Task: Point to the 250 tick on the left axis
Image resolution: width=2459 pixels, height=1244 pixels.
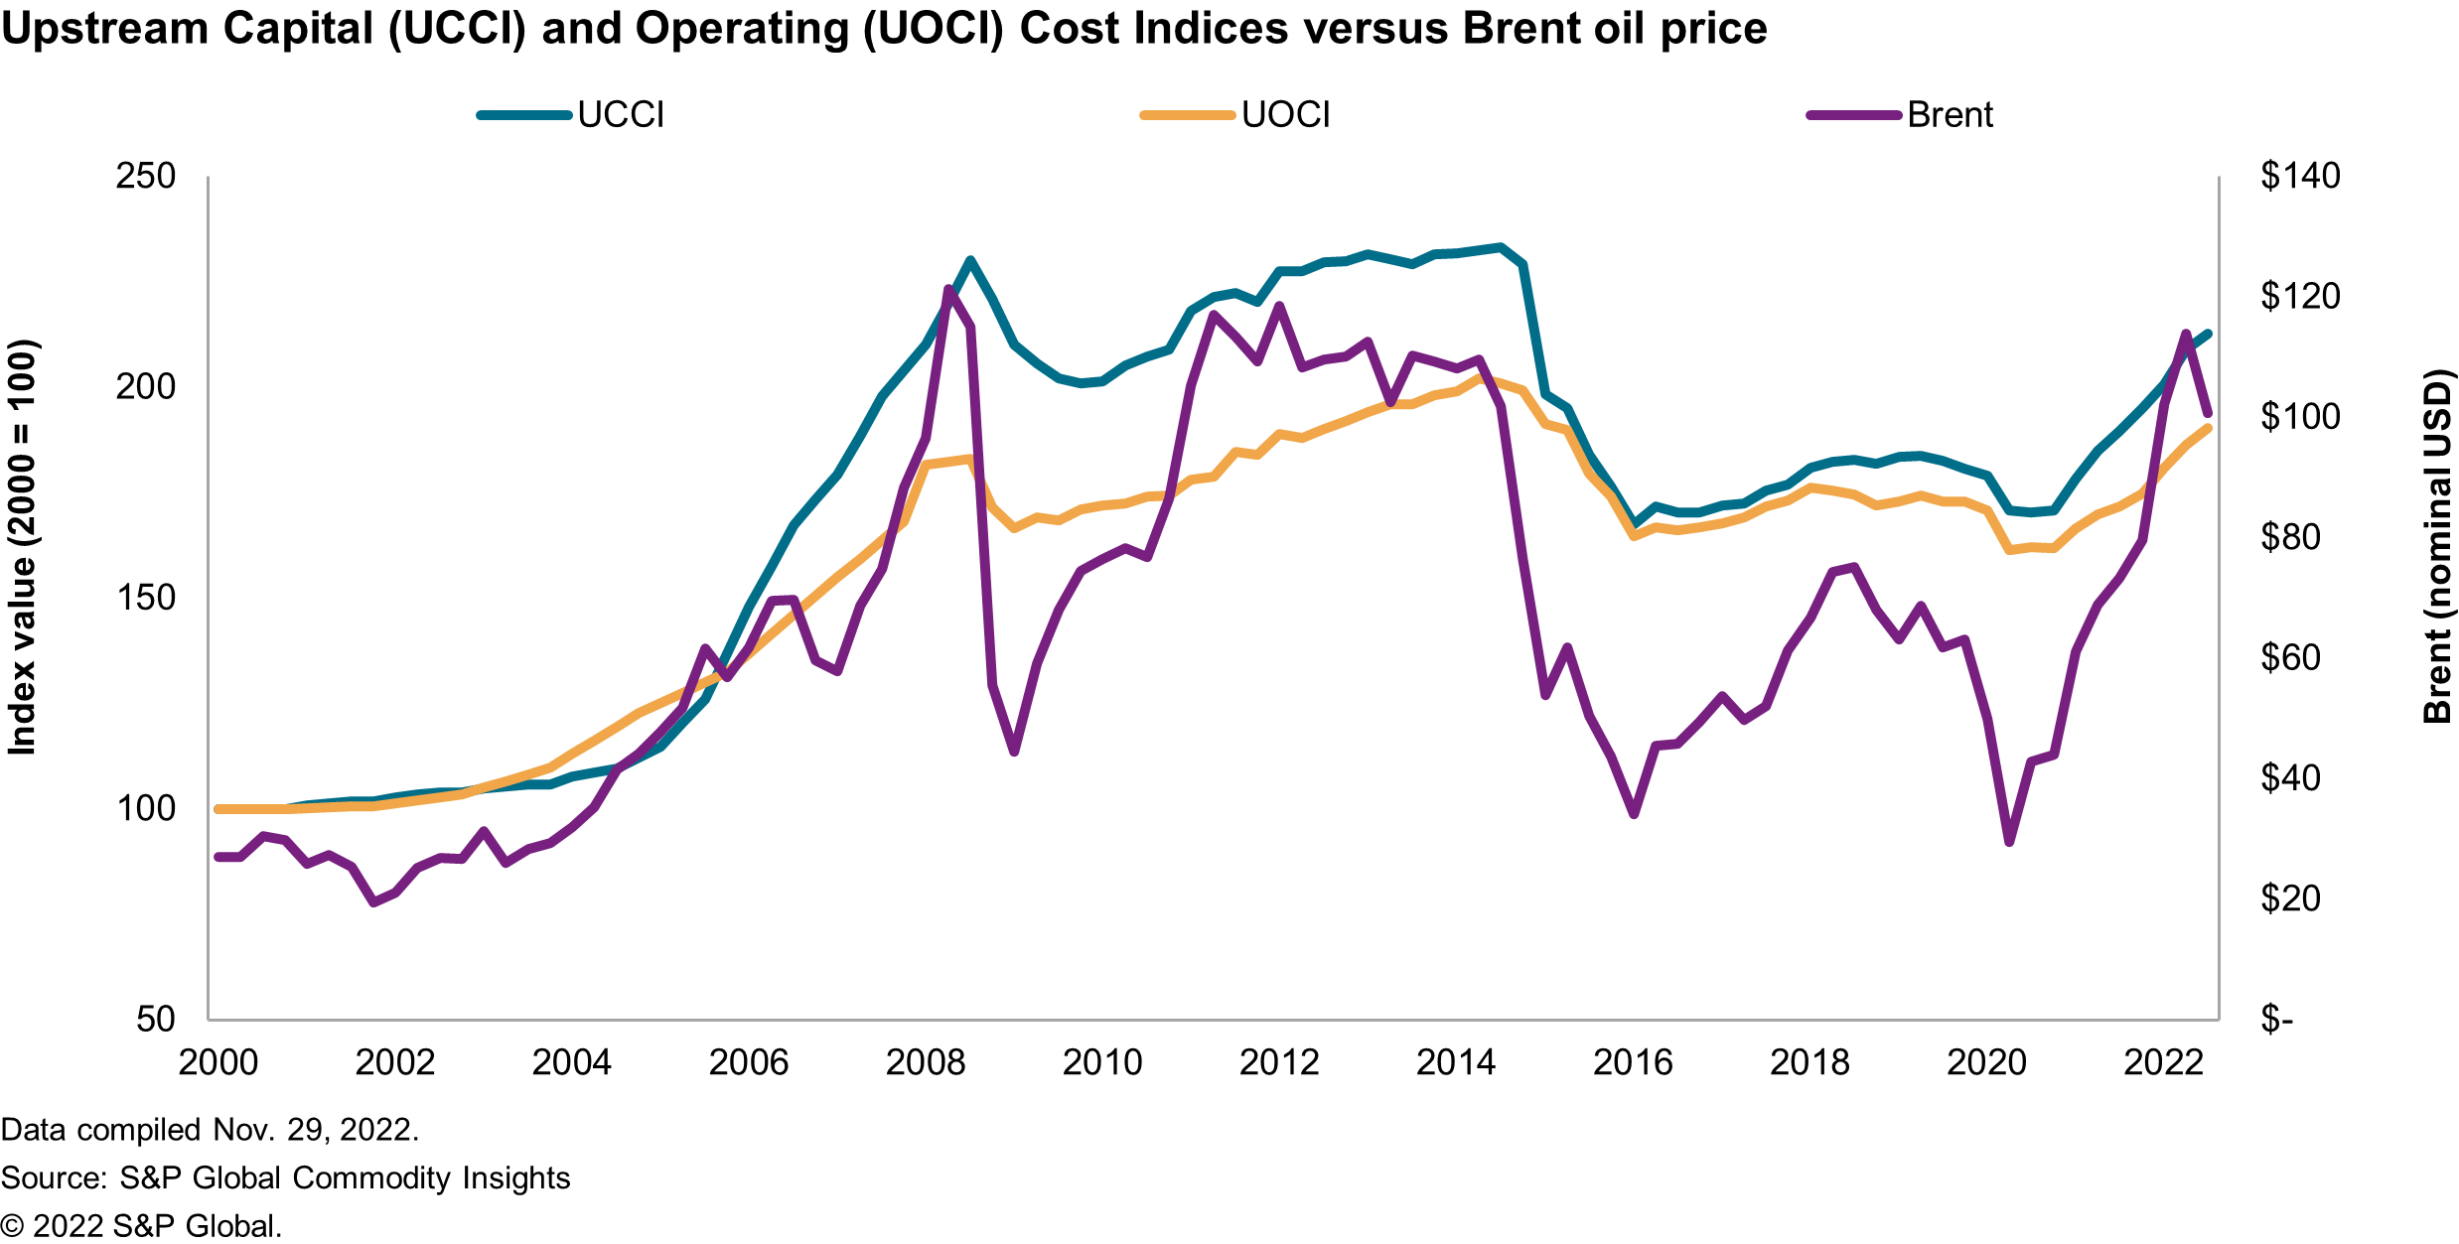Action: [x=145, y=176]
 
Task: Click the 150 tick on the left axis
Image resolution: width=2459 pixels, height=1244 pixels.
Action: [x=145, y=598]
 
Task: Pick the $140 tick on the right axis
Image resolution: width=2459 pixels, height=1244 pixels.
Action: [x=2300, y=176]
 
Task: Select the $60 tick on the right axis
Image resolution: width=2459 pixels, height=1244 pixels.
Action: [x=2290, y=657]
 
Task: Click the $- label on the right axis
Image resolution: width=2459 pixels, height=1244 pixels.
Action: [x=2276, y=1019]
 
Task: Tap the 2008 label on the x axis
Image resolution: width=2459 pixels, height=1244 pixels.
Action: [x=925, y=1063]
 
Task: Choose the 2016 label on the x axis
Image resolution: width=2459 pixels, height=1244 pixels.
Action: [x=1633, y=1063]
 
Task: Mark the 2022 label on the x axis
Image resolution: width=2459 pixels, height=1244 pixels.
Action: [x=2163, y=1063]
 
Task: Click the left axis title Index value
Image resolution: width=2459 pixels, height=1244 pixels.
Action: [x=22, y=547]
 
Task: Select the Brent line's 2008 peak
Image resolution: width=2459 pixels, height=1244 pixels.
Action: [x=948, y=289]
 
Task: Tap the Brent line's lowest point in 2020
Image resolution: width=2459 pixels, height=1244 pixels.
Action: [x=2009, y=842]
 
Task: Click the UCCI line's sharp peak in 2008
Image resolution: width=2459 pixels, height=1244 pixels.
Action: [x=970, y=260]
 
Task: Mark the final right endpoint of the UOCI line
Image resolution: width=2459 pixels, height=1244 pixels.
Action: [x=2208, y=428]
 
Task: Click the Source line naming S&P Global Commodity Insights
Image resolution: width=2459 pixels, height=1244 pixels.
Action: [x=286, y=1177]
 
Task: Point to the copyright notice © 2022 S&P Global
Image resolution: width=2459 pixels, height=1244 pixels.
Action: [x=141, y=1226]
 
